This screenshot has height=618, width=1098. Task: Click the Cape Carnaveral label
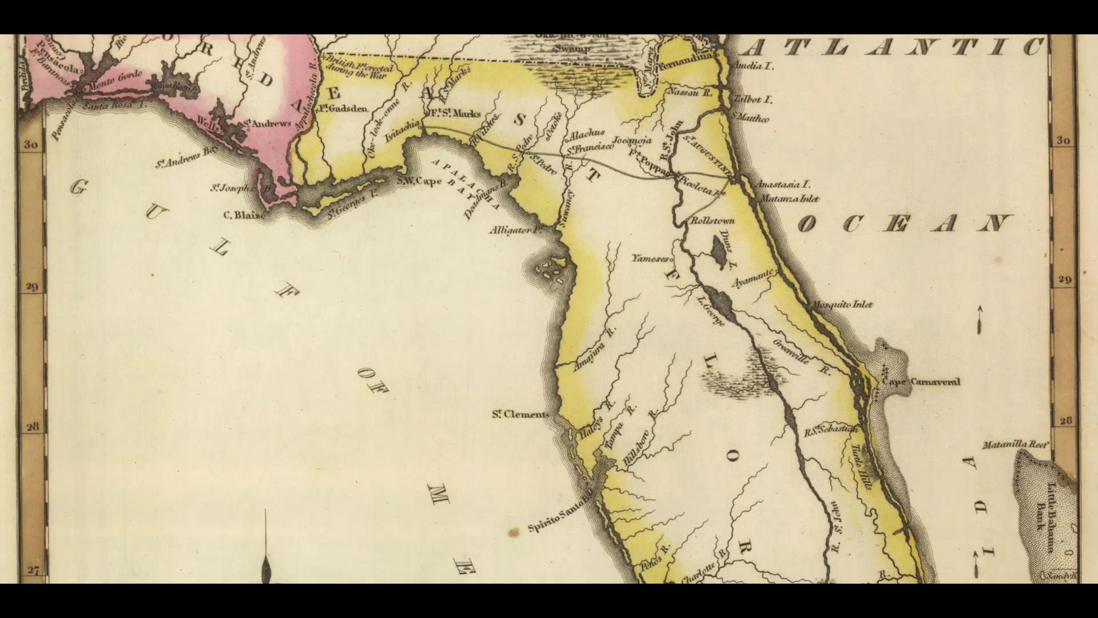coord(921,382)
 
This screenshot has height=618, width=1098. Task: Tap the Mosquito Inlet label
coord(842,304)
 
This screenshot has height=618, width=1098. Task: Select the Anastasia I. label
coord(783,185)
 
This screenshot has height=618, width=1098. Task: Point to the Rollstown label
coord(713,221)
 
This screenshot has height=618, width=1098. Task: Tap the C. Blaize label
coord(244,216)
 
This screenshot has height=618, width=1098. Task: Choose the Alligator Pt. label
coord(515,230)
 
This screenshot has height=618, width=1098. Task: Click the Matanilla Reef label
coord(1015,445)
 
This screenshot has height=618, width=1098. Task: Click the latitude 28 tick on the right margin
coord(1065,421)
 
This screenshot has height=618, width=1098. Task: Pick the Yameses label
coord(650,259)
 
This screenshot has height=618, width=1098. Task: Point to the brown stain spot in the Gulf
coord(514,533)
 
